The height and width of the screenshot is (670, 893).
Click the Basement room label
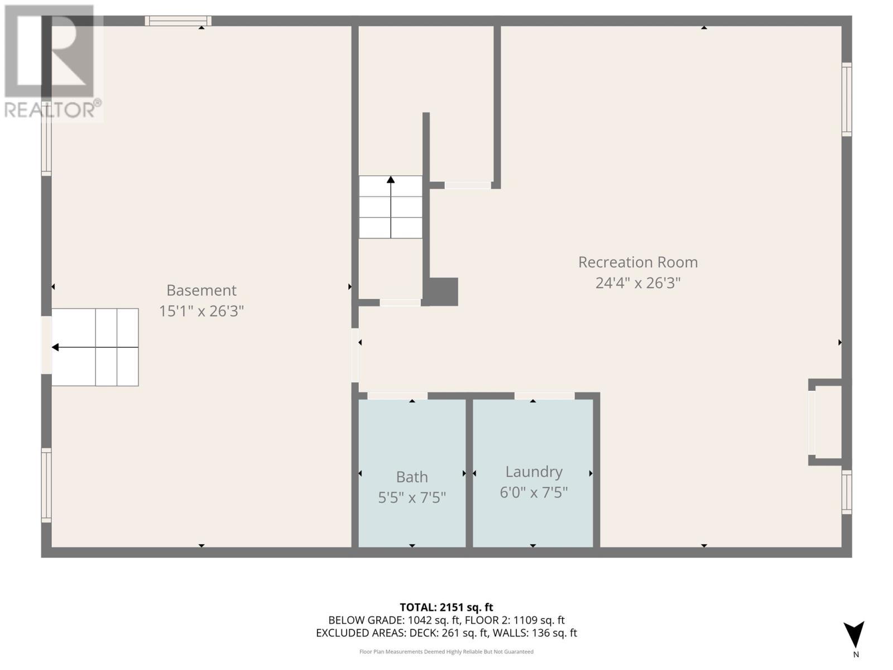pyautogui.click(x=201, y=290)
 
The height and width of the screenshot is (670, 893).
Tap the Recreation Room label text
pyautogui.click(x=637, y=262)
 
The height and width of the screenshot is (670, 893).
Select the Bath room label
pyautogui.click(x=412, y=477)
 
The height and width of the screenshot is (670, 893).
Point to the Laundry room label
pyautogui.click(x=534, y=472)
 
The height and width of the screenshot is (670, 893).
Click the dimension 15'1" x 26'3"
pyautogui.click(x=201, y=311)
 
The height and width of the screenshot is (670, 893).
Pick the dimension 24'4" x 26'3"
pyautogui.click(x=637, y=283)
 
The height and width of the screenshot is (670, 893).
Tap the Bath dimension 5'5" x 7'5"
pyautogui.click(x=412, y=497)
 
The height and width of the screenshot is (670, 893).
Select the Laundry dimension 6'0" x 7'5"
pyautogui.click(x=534, y=492)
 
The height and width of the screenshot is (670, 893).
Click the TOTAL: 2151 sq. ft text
pyautogui.click(x=446, y=607)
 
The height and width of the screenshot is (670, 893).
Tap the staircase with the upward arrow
pyautogui.click(x=390, y=207)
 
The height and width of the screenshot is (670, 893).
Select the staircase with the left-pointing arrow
pyautogui.click(x=95, y=347)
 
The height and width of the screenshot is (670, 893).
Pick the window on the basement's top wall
pyautogui.click(x=178, y=21)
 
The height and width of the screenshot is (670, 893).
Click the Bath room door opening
pyautogui.click(x=397, y=396)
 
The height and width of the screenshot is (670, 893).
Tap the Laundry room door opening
pyautogui.click(x=544, y=396)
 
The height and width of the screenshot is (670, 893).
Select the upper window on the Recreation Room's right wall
pyautogui.click(x=846, y=99)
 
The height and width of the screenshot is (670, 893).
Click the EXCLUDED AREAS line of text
pyautogui.click(x=446, y=633)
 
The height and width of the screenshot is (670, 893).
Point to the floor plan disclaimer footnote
pyautogui.click(x=446, y=652)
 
